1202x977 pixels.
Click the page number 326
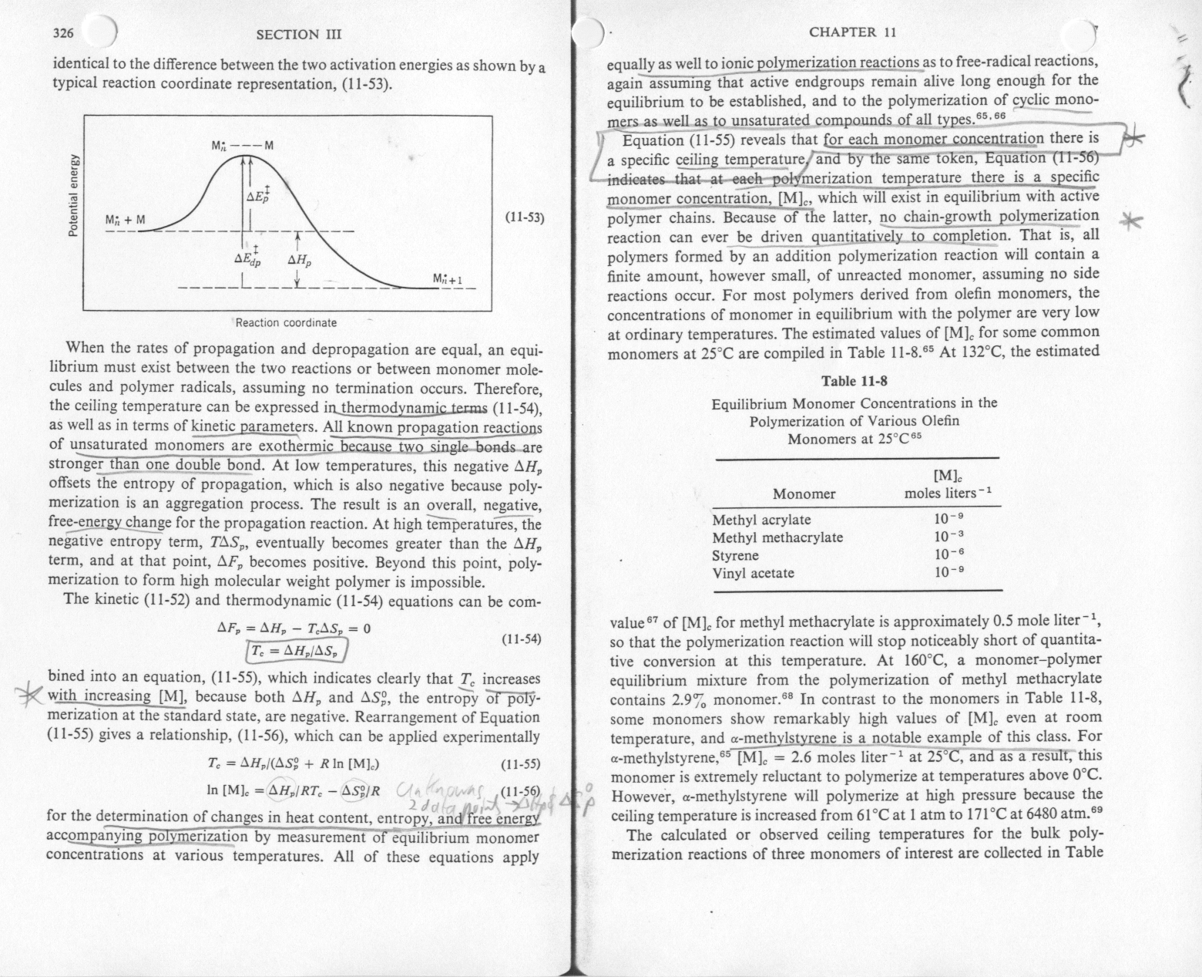62,33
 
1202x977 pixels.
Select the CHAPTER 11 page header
852,32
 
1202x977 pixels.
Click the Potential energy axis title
74,193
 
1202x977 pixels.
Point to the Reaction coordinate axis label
286,322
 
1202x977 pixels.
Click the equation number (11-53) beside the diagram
524,217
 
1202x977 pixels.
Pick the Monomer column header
804,494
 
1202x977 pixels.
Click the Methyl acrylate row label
761,520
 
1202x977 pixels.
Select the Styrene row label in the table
735,555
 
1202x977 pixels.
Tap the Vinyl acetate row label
753,573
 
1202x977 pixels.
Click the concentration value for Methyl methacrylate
949,537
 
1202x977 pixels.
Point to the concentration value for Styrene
949,554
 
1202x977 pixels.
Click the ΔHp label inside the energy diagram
300,261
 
